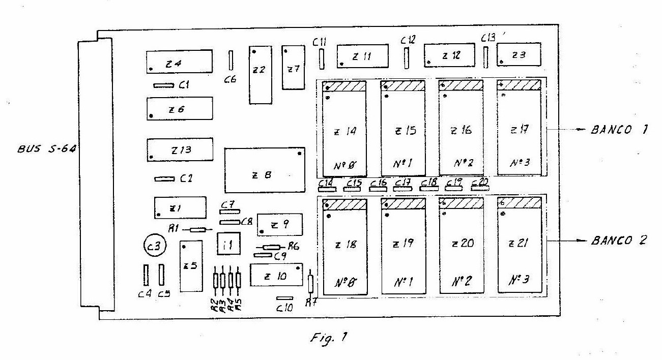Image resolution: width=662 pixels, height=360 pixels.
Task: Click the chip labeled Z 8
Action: pyautogui.click(x=265, y=171)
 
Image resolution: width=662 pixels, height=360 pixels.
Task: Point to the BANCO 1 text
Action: pyautogui.click(x=619, y=130)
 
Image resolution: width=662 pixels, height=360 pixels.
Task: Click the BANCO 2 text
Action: pyautogui.click(x=619, y=241)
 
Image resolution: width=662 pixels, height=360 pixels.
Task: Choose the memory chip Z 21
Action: pyautogui.click(x=519, y=244)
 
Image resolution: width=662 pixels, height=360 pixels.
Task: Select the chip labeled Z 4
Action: pyautogui.click(x=179, y=63)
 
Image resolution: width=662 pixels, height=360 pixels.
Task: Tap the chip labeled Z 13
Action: pyautogui.click(x=179, y=149)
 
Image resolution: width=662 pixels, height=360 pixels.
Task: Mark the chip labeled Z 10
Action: pyautogui.click(x=276, y=276)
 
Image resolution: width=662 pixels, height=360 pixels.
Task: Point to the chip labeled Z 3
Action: pyautogui.click(x=519, y=55)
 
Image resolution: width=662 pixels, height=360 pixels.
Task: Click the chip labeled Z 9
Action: pyautogui.click(x=279, y=224)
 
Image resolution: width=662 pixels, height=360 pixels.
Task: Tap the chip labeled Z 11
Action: pyautogui.click(x=362, y=56)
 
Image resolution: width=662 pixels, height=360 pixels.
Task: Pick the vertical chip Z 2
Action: pyautogui.click(x=260, y=75)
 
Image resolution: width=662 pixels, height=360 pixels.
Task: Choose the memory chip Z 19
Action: pyautogui.click(x=403, y=245)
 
